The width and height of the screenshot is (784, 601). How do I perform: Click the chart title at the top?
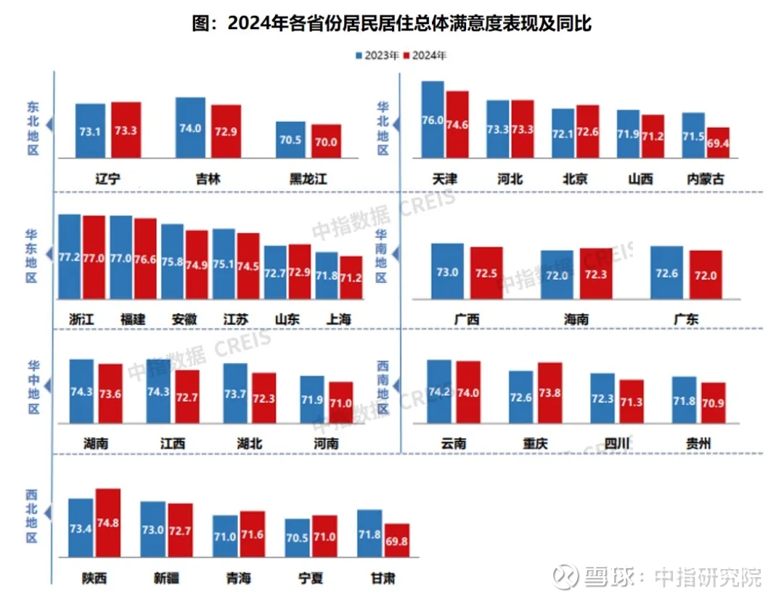[392, 23]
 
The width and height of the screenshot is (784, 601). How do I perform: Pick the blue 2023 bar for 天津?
[433, 119]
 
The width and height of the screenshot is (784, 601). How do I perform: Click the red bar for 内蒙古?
[718, 142]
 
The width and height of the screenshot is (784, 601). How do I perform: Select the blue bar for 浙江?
[70, 257]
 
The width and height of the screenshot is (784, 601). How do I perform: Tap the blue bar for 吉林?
[190, 128]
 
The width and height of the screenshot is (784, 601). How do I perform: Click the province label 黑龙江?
[308, 179]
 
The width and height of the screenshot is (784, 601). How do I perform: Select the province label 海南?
[576, 319]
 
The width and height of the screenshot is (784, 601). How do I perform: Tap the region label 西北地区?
[31, 515]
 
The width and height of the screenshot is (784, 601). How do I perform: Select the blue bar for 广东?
[666, 272]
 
